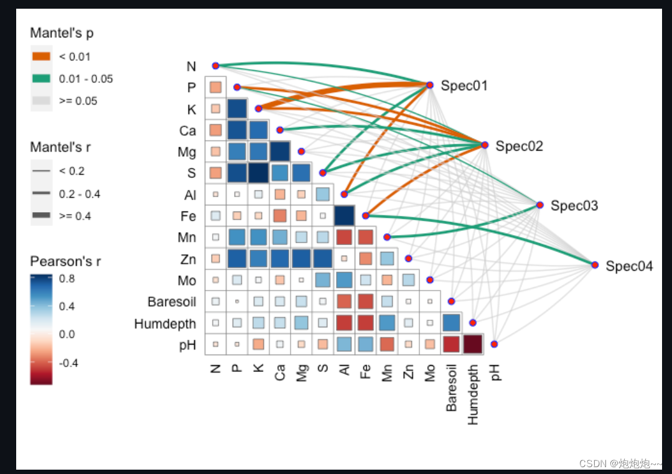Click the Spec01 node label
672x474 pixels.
(464, 86)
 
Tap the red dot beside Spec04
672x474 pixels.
(595, 265)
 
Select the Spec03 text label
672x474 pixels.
(574, 206)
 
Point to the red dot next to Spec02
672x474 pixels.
(485, 145)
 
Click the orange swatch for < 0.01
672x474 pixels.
(41, 57)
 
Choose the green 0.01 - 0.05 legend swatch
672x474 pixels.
(41, 79)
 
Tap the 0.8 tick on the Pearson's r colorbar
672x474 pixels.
(67, 279)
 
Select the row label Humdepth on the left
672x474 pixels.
(165, 323)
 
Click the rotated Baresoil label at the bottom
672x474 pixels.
(452, 388)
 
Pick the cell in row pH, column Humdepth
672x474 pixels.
(473, 344)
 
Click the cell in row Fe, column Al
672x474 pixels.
(344, 216)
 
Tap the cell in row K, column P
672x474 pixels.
(237, 109)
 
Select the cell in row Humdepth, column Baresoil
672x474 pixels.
(452, 323)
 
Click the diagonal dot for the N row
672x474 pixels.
(215, 65)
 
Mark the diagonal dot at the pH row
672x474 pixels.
(494, 344)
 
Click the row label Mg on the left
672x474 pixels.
(187, 152)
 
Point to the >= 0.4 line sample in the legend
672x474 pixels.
(41, 215)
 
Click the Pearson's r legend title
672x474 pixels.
(65, 261)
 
